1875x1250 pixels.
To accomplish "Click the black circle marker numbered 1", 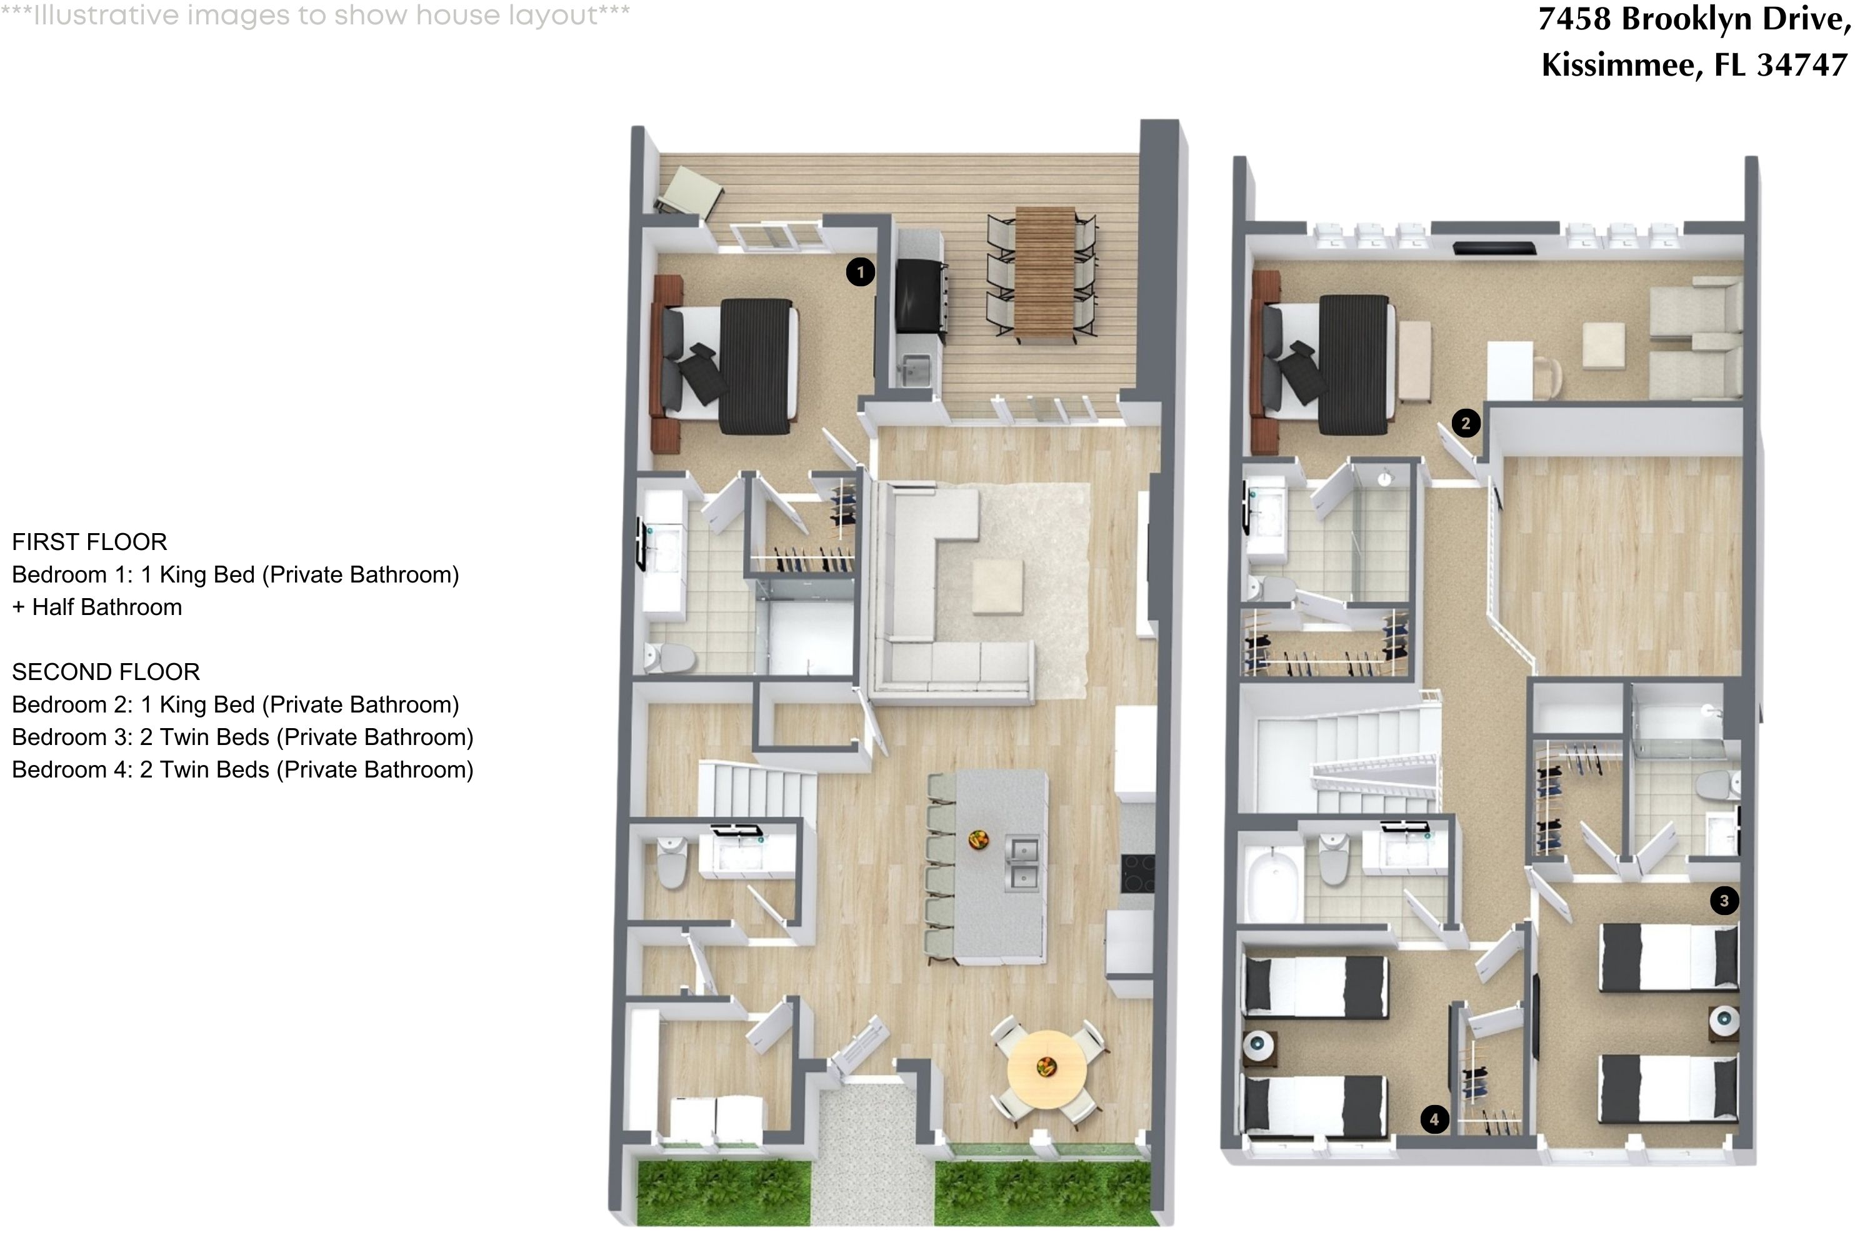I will tap(859, 272).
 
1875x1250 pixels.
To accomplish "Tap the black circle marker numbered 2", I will tap(1465, 423).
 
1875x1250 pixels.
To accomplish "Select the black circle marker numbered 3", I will tap(1724, 901).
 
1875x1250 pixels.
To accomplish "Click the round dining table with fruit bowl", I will tap(1046, 1068).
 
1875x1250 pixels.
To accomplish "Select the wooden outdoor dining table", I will tap(1045, 275).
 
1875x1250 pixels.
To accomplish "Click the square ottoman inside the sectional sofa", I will tap(997, 587).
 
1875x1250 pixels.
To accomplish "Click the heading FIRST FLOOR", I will tap(89, 542).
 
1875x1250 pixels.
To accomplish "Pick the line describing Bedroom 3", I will tap(242, 737).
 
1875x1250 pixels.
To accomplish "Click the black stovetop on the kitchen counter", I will tap(1137, 873).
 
